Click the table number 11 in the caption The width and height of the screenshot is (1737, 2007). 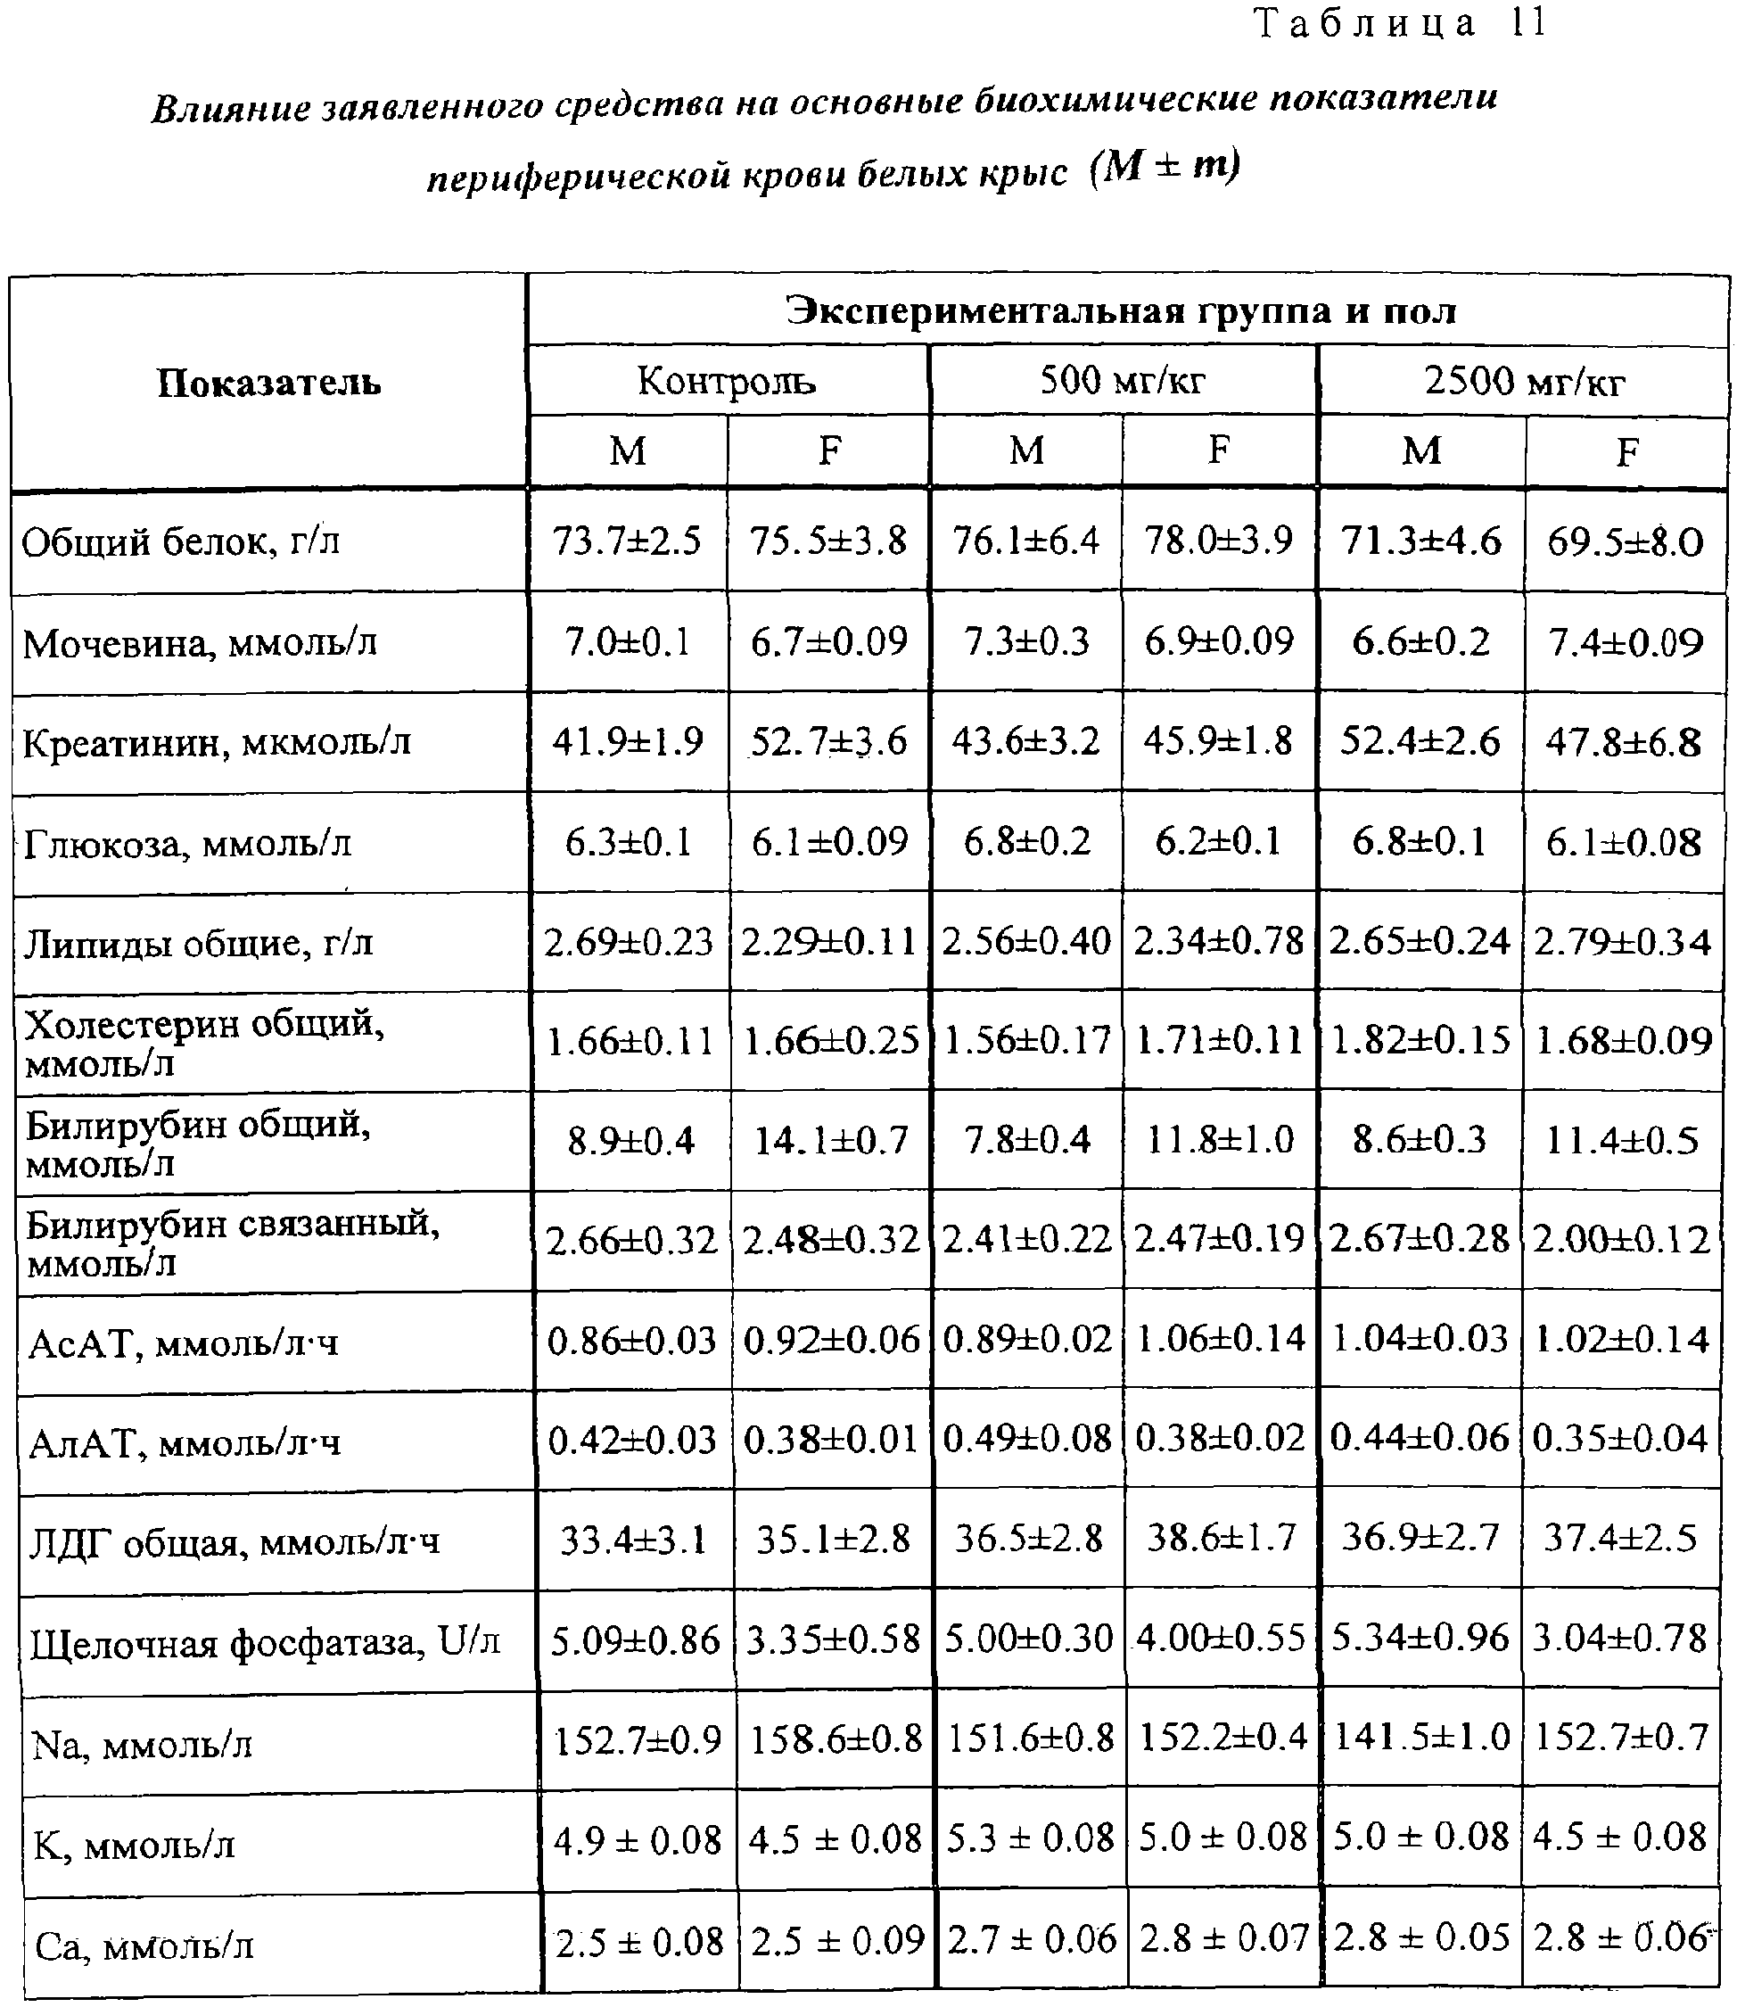point(1527,23)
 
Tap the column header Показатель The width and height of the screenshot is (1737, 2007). point(268,383)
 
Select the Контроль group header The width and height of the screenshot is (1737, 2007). point(726,381)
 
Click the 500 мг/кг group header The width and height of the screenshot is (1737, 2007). point(1123,380)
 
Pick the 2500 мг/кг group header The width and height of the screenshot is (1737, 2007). point(1524,381)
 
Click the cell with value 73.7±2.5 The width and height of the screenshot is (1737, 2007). point(627,540)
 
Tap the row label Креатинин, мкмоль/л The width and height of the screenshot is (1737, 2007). point(218,743)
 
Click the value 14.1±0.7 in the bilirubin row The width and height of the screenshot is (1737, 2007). point(831,1140)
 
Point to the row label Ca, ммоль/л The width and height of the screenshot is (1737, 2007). point(144,1945)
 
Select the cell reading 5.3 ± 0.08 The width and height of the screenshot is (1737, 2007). point(1029,1838)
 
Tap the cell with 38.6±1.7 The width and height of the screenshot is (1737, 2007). point(1221,1538)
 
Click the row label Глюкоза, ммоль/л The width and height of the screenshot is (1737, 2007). point(187,844)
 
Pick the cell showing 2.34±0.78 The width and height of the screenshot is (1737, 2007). point(1218,940)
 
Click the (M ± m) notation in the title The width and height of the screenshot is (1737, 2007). point(1165,167)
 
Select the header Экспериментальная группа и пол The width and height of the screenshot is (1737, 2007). point(1122,310)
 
